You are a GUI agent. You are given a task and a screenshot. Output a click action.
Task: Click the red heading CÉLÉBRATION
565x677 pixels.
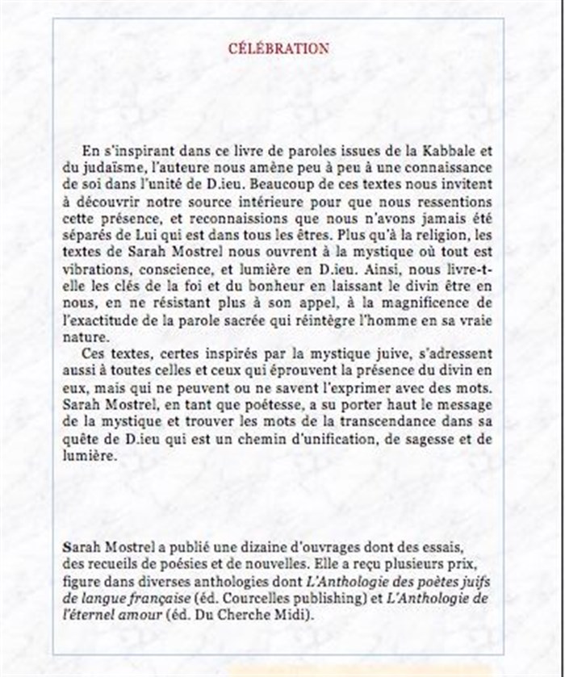click(278, 48)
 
